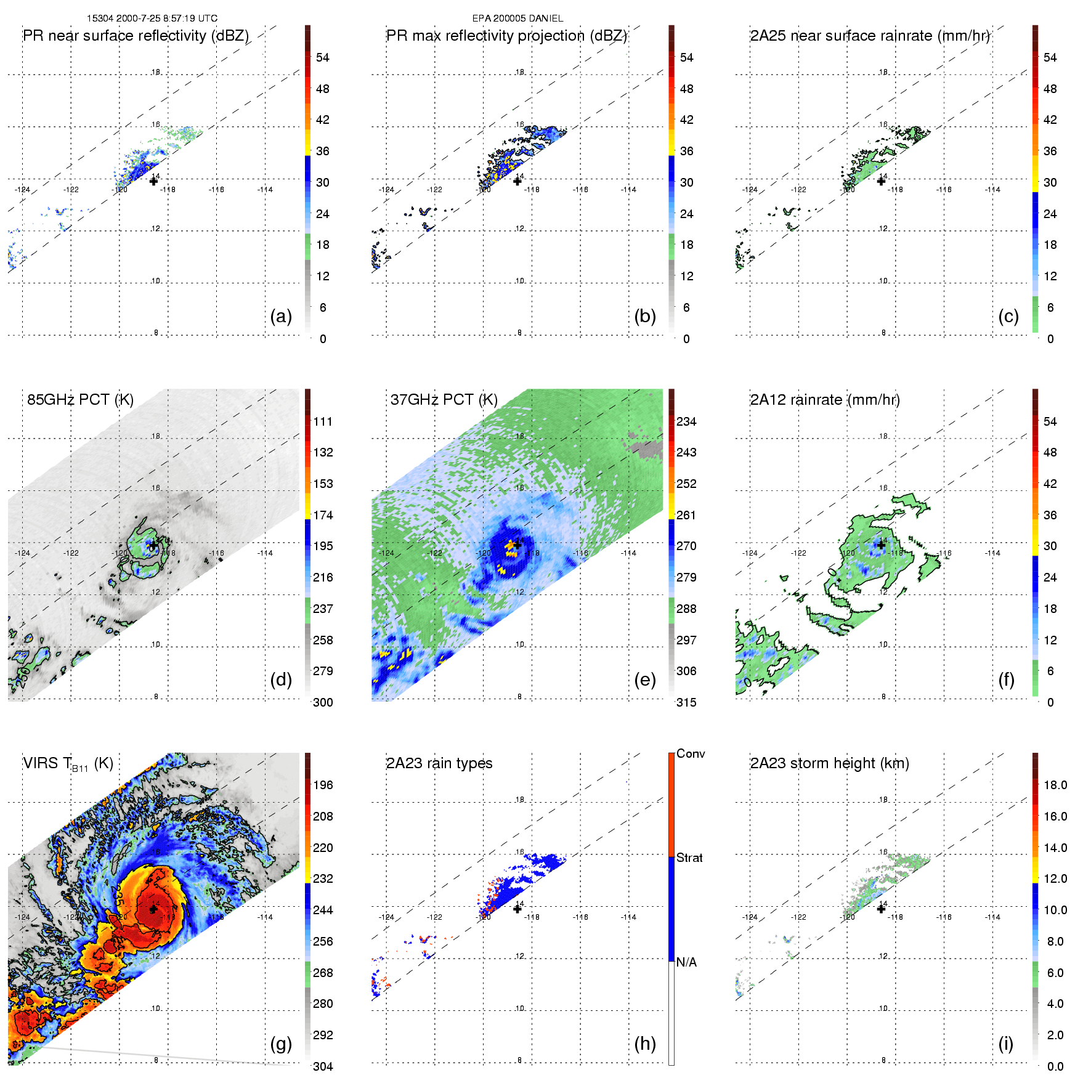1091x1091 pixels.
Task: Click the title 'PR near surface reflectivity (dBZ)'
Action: click(136, 36)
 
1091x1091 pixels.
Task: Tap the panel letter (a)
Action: click(281, 316)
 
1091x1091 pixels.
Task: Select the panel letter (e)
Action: click(644, 679)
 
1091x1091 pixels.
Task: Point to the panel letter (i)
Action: click(1005, 1044)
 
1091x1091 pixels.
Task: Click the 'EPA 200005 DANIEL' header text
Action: click(517, 18)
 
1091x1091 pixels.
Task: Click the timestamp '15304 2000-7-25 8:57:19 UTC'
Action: click(152, 18)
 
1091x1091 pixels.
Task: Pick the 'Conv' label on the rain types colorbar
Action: click(691, 753)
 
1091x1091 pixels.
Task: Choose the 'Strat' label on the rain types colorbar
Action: click(689, 858)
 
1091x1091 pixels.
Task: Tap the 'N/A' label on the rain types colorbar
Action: click(686, 962)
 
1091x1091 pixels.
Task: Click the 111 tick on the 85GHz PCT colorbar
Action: click(323, 421)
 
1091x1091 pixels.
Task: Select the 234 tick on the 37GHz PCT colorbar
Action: click(686, 421)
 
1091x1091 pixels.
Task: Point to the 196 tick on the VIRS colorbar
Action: click(323, 785)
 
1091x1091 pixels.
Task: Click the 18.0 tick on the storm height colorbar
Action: click(1055, 785)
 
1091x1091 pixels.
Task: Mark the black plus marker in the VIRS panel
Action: click(153, 909)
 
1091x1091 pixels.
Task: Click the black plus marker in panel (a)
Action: click(153, 181)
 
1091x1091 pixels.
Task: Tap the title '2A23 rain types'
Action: click(439, 763)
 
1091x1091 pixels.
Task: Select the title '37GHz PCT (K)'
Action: click(444, 400)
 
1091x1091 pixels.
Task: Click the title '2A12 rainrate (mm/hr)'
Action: click(825, 400)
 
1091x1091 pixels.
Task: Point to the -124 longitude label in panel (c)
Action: click(750, 190)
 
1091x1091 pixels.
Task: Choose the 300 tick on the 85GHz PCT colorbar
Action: click(323, 702)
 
